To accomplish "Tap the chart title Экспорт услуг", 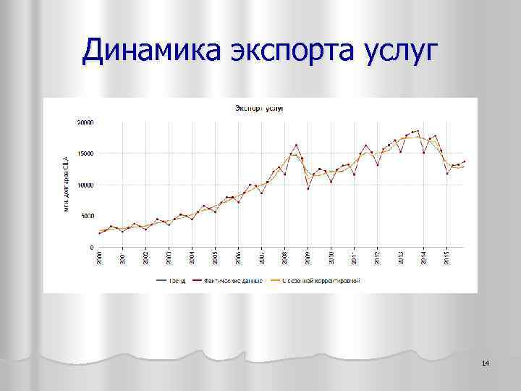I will [258, 108].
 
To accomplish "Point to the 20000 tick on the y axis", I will [85, 122].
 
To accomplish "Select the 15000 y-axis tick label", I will [85, 154].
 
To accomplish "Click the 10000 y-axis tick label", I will [85, 185].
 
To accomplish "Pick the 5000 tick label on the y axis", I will [87, 216].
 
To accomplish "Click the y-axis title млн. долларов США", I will [65, 185].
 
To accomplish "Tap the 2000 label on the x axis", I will [100, 258].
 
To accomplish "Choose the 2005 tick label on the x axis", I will [215, 258].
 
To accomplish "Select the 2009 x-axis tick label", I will [308, 258].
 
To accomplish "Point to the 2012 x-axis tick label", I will [377, 258].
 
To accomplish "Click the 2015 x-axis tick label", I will [446, 258].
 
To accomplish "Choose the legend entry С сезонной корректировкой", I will [321, 279].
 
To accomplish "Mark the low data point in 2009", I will [308, 189].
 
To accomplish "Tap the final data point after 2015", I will [465, 161].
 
